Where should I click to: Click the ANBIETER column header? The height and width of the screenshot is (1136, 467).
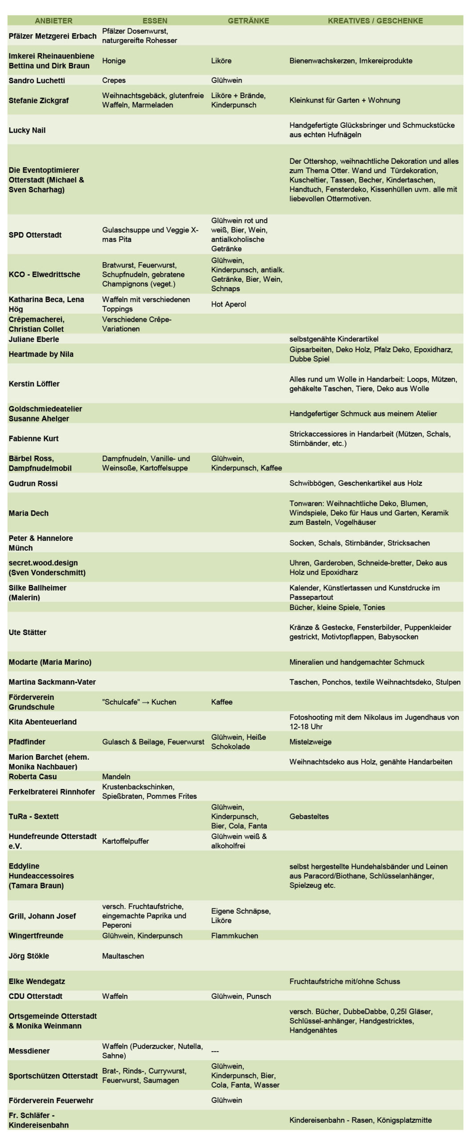tap(53, 20)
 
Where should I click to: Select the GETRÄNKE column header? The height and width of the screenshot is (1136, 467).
tap(248, 20)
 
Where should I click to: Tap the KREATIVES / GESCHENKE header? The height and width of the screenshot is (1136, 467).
tap(375, 20)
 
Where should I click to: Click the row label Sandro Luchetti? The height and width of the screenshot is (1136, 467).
tap(37, 80)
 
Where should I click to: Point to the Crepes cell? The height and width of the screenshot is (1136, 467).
tap(114, 80)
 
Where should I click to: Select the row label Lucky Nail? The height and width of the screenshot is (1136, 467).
tap(27, 130)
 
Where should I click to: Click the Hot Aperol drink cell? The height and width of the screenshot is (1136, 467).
tap(228, 304)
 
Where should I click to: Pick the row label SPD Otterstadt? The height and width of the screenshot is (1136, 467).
tap(35, 235)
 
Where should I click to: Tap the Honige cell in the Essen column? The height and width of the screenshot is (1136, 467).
tap(114, 61)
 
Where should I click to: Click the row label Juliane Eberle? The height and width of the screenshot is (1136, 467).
tap(34, 339)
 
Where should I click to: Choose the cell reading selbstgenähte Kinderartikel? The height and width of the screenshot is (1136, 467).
tap(334, 339)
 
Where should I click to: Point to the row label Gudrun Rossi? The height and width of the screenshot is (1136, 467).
tap(33, 483)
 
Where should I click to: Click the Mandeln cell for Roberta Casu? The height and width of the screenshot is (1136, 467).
tap(116, 777)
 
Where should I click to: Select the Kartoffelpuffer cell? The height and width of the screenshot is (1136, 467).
tap(125, 841)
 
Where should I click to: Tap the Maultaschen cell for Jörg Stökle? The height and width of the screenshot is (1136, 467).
tap(123, 956)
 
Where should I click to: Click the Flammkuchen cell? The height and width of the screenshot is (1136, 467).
tap(235, 935)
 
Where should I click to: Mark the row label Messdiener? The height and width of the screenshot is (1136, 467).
tap(29, 1051)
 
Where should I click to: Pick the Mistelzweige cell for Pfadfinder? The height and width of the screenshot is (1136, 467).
tap(311, 742)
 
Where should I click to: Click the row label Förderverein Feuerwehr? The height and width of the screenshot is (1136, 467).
tap(51, 1100)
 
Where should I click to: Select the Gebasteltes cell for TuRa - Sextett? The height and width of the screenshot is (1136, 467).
tap(309, 816)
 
